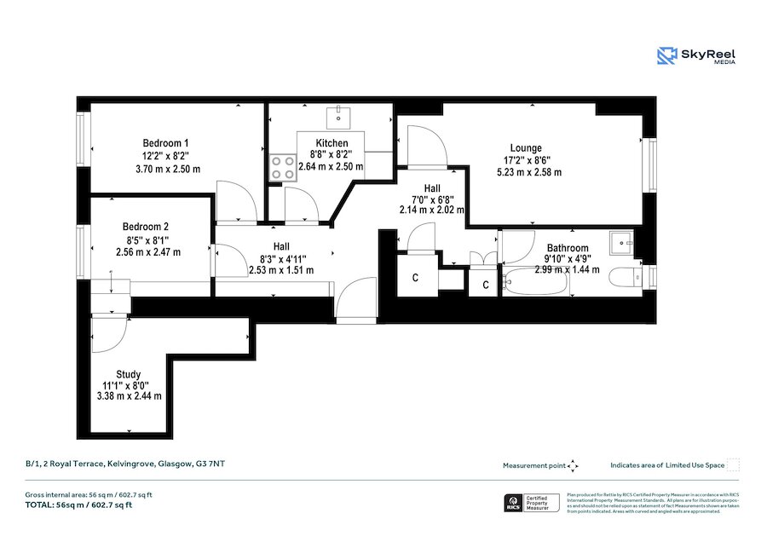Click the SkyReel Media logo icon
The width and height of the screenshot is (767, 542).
tap(667, 55)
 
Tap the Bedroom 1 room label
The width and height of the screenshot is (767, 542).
tap(165, 142)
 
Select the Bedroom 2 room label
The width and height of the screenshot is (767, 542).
tap(145, 227)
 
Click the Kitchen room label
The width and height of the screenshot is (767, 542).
tap(332, 143)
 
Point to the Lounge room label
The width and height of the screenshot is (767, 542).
tap(526, 148)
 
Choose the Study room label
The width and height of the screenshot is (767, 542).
tap(129, 374)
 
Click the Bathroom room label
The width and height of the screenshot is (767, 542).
tap(567, 248)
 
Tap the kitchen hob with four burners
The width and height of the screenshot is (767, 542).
tap(281, 168)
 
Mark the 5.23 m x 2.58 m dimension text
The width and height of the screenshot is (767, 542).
tap(529, 172)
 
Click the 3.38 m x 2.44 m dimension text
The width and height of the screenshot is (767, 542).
tap(130, 395)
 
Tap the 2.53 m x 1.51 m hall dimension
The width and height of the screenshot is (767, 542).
tap(281, 270)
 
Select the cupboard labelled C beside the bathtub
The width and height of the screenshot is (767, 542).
tap(485, 284)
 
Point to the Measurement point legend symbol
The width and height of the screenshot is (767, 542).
tap(574, 465)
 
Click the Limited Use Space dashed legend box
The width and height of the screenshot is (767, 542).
tap(733, 464)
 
